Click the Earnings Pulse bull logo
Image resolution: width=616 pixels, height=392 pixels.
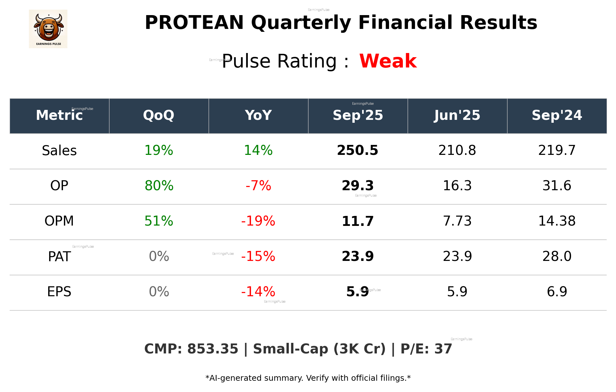(48, 29)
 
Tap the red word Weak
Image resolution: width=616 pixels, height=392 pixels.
(388, 61)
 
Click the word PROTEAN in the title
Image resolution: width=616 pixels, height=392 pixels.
(194, 23)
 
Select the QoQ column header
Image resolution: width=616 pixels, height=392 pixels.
(159, 115)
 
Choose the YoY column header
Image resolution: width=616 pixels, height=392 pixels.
(258, 115)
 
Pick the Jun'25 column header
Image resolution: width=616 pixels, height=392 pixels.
(457, 115)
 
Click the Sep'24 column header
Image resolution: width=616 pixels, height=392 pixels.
(557, 115)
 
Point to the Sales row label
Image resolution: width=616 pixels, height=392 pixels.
(59, 151)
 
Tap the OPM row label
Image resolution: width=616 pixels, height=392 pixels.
(59, 221)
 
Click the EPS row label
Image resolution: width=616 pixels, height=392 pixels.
(59, 292)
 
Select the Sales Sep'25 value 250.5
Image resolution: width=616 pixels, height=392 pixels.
(358, 150)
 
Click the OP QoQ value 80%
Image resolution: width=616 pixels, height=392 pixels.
(159, 186)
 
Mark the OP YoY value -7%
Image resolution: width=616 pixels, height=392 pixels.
(258, 186)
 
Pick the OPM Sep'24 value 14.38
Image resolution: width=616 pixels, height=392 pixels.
(557, 221)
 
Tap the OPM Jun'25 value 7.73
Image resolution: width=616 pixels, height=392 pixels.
(457, 221)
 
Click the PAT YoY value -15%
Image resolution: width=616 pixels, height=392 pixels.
(258, 256)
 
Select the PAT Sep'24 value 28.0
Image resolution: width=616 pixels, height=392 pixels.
(557, 256)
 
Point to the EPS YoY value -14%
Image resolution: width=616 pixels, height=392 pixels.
(258, 292)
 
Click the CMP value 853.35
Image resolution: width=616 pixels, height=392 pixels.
(213, 349)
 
